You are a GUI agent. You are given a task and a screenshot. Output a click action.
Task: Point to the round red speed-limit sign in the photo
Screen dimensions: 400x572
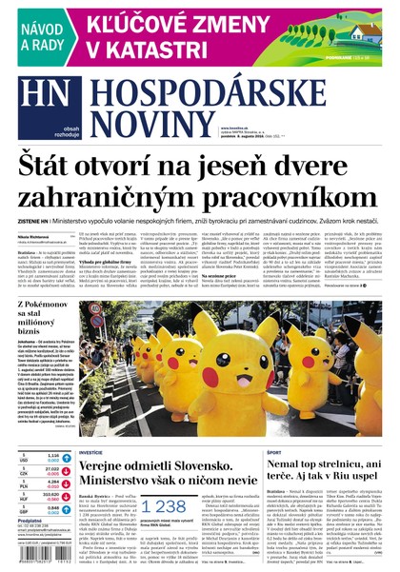click(95, 320)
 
